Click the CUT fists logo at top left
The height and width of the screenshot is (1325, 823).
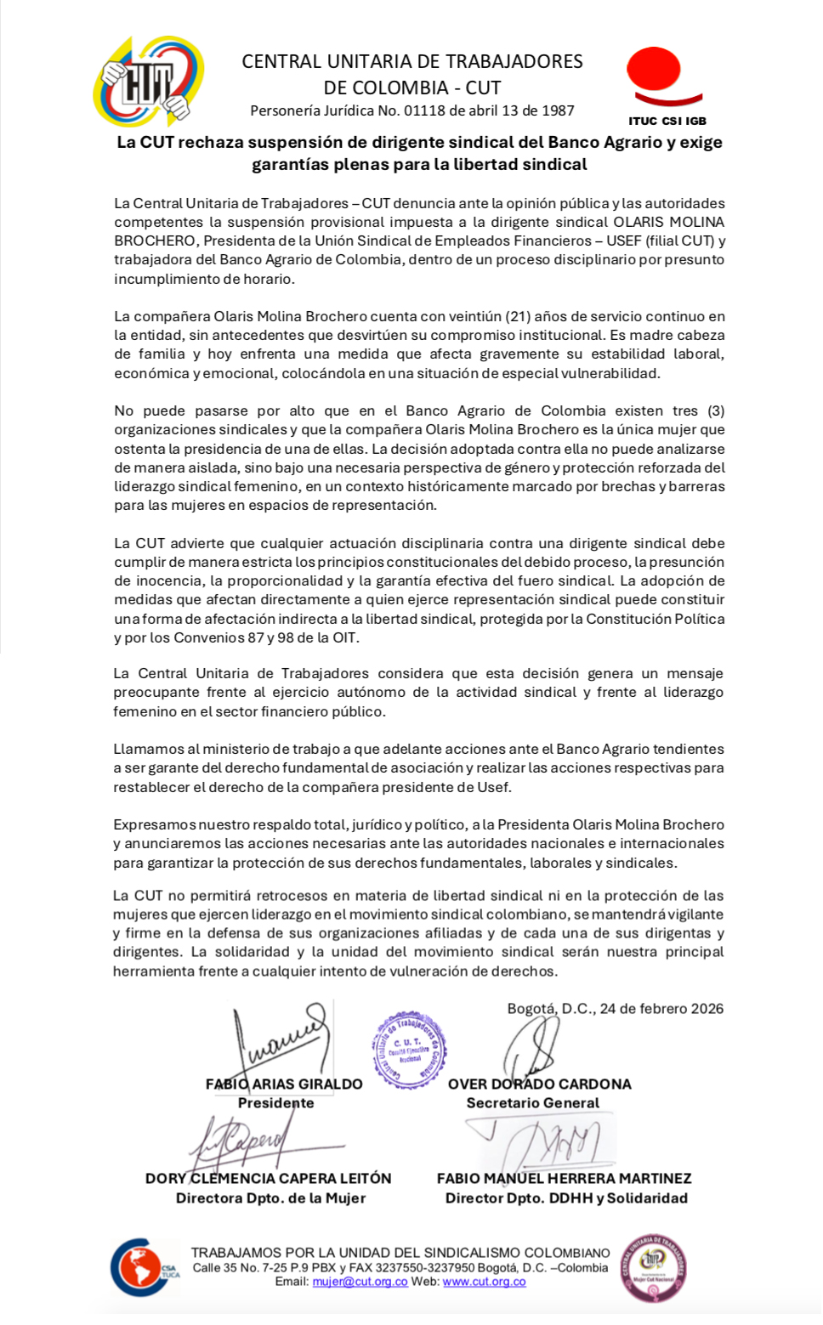[x=149, y=82]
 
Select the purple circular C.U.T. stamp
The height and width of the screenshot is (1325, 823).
[x=409, y=1050]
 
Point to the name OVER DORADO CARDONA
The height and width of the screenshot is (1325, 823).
[x=540, y=1084]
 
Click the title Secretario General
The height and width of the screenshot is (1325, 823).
[x=533, y=1103]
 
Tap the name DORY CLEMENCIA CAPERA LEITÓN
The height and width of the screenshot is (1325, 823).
[x=269, y=1179]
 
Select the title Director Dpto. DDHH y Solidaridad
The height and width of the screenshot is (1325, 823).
[x=566, y=1198]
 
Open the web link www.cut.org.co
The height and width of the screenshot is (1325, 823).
[x=484, y=1282]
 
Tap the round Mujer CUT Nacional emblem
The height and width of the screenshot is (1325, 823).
[x=653, y=1267]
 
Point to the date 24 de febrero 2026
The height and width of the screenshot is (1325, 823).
[x=661, y=1009]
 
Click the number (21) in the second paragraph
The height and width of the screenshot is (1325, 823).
[x=518, y=317]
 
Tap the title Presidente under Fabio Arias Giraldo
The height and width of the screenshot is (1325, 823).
[x=276, y=1103]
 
